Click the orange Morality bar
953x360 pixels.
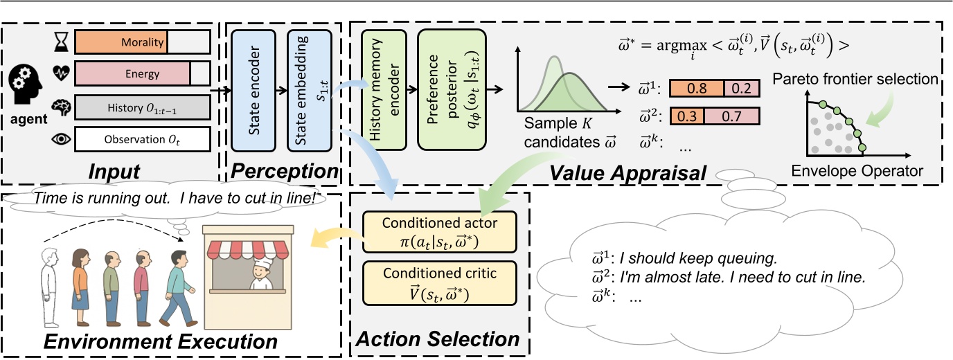pyautogui.click(x=121, y=42)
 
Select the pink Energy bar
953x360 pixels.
pyautogui.click(x=132, y=74)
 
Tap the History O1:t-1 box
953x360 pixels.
pyautogui.click(x=141, y=108)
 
